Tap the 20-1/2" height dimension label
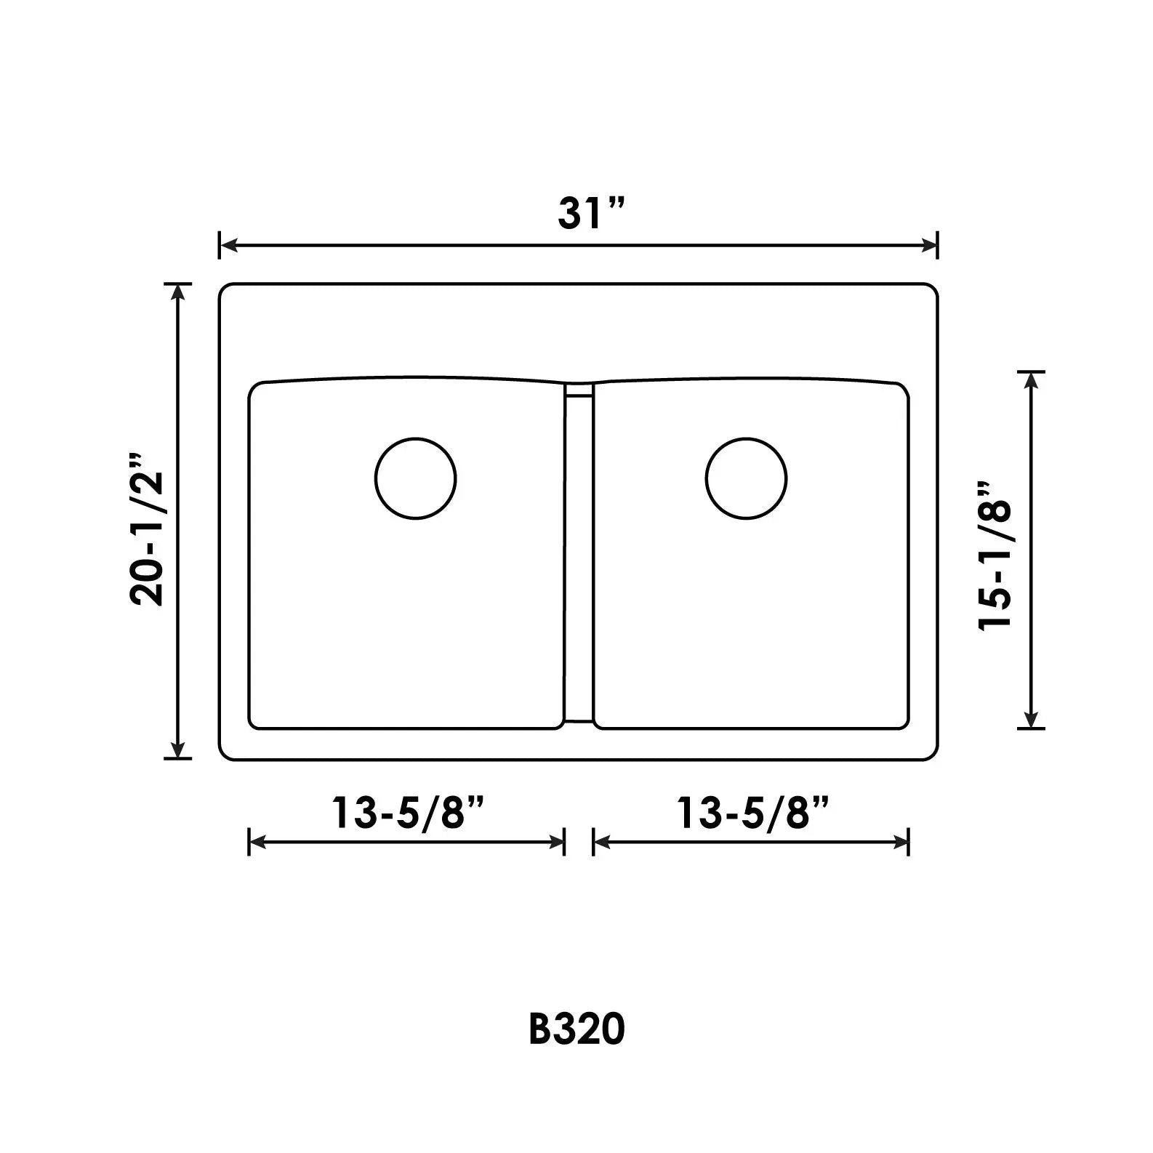147,529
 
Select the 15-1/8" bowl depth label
995,555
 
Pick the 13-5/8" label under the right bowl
753,813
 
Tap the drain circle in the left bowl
416,478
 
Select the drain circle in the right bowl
746,478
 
